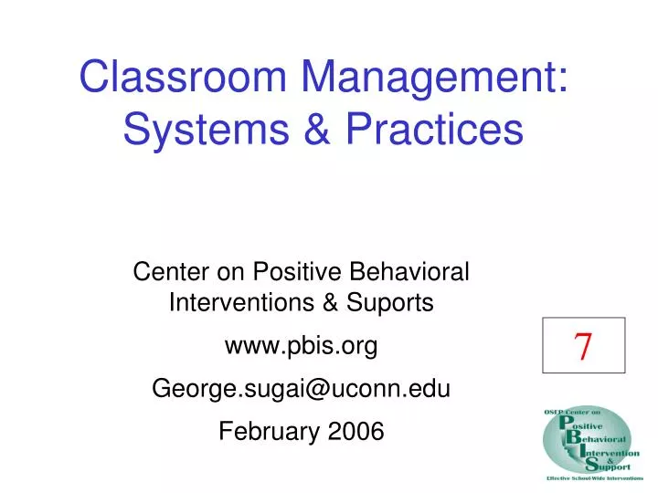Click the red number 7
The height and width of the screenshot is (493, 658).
point(583,346)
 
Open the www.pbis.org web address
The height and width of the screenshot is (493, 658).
point(301,346)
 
